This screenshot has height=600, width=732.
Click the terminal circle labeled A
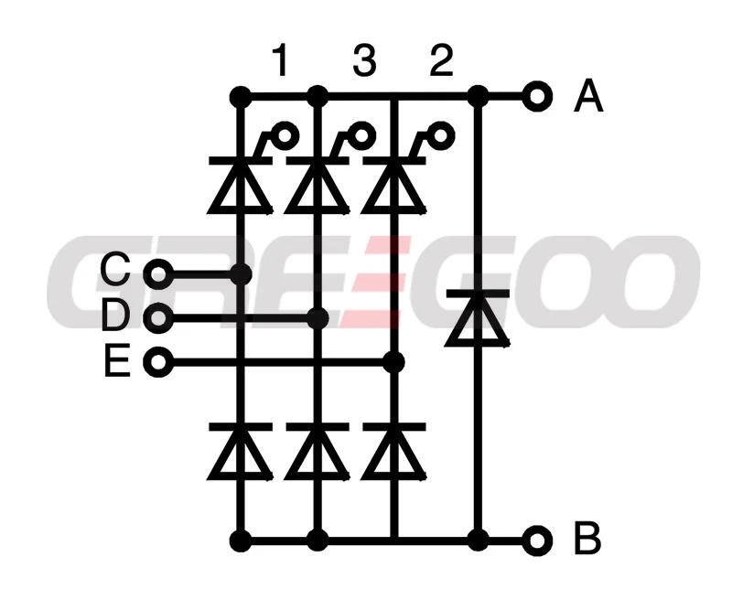tap(537, 97)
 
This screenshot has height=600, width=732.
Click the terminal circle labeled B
tap(537, 541)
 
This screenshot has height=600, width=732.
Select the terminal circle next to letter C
tap(158, 273)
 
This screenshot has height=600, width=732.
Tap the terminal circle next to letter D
tap(158, 317)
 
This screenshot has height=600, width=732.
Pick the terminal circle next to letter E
tap(158, 361)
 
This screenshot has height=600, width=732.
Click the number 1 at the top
tap(280, 60)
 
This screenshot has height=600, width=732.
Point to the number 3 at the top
tap(364, 60)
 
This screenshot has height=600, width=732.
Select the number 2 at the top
tap(441, 60)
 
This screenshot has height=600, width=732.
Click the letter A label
tap(588, 96)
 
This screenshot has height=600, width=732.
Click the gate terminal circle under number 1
tap(286, 135)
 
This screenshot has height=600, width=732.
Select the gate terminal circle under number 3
tap(363, 135)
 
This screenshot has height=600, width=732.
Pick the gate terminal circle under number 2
tap(441, 135)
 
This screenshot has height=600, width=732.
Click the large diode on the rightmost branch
tap(478, 318)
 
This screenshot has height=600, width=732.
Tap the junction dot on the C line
tap(241, 273)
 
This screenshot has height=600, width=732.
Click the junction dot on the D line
tap(318, 317)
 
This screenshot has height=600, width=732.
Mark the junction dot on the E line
tap(393, 362)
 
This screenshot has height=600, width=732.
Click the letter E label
tap(117, 359)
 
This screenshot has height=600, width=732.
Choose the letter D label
tap(115, 315)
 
